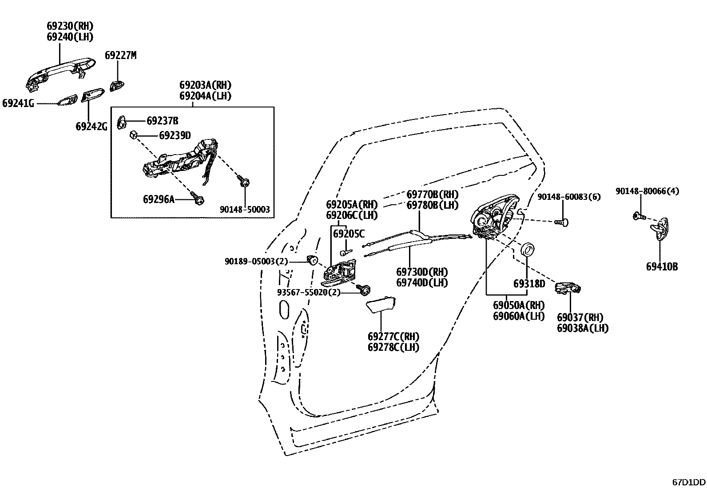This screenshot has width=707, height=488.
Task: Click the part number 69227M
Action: [120, 56]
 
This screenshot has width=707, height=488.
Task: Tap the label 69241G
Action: [18, 103]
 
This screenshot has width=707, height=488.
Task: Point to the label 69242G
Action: [91, 127]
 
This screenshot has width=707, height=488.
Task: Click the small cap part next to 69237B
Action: [122, 122]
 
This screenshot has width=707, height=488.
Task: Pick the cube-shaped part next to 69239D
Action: [133, 135]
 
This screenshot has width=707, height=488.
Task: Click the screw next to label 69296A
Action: [196, 199]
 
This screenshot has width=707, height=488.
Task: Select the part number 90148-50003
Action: [245, 209]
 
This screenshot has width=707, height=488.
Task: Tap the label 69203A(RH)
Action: [205, 85]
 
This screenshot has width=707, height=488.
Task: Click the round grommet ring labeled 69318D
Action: [527, 250]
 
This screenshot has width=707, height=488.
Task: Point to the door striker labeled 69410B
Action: [661, 229]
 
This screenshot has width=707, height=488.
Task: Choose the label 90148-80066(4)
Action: [647, 191]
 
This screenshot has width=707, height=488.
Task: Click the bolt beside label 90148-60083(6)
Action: [562, 222]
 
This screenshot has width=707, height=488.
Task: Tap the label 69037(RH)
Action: [580, 317]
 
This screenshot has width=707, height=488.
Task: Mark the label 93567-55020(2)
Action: [309, 293]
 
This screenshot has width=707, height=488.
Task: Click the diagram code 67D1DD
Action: [688, 482]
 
